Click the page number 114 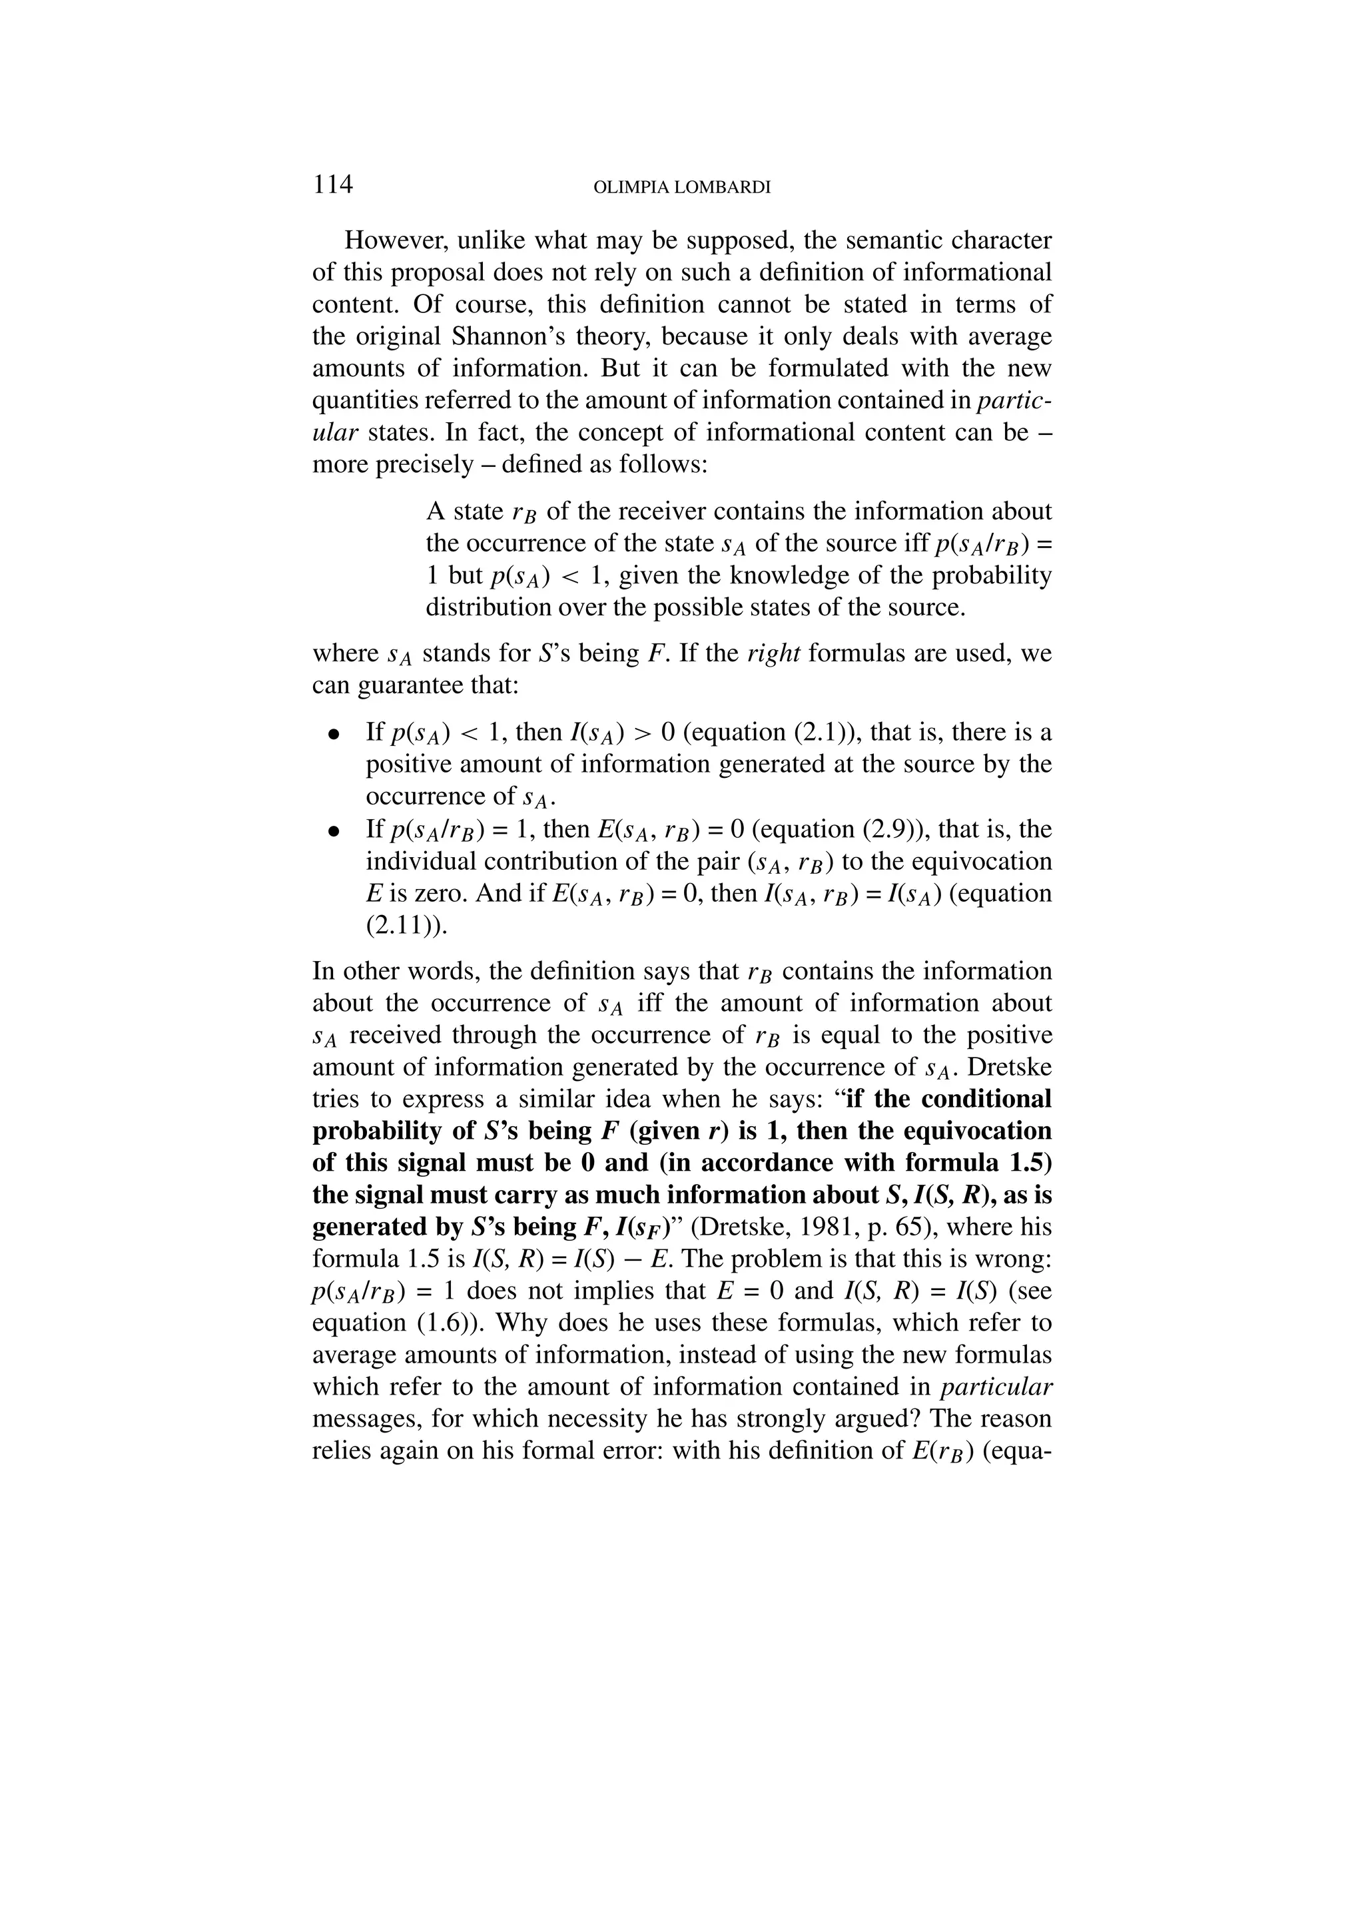click(x=333, y=184)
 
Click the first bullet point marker click(x=334, y=734)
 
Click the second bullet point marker click(x=334, y=831)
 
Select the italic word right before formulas click(x=773, y=654)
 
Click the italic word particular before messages click(x=996, y=1388)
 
